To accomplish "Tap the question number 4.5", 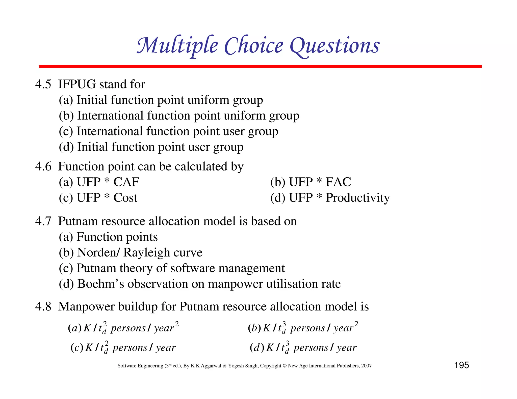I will click(x=43, y=84).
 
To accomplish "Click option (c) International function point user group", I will click(x=168, y=131).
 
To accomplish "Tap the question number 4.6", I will click(x=43, y=166).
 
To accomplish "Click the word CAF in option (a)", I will click(x=126, y=182).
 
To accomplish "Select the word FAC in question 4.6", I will click(x=338, y=182).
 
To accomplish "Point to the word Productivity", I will click(x=357, y=198).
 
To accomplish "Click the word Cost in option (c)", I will click(x=125, y=198).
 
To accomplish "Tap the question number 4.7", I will click(x=43, y=221).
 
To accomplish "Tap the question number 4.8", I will click(x=43, y=307).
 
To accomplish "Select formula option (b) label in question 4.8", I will click(x=254, y=328).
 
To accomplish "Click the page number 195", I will click(x=461, y=365).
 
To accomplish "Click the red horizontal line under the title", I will click(x=260, y=66).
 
